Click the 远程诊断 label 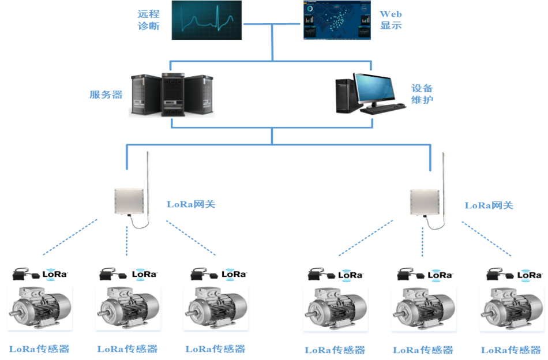pyautogui.click(x=149, y=20)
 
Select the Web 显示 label pyautogui.click(x=391, y=20)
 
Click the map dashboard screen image pyautogui.click(x=337, y=20)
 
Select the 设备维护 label pyautogui.click(x=422, y=94)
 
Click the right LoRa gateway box pyautogui.click(x=425, y=202)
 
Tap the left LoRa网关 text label pyautogui.click(x=190, y=204)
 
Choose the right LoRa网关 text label pyautogui.click(x=489, y=205)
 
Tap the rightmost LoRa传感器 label pyautogui.click(x=511, y=350)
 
